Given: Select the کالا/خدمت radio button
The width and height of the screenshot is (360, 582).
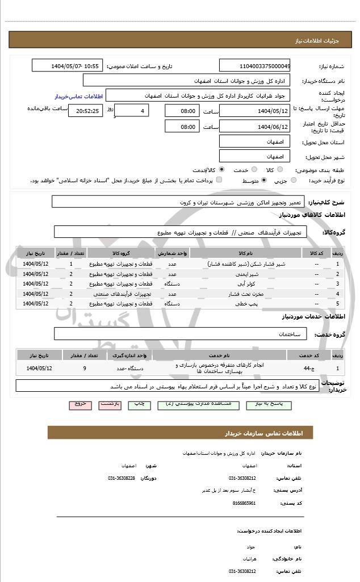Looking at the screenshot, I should (x=221, y=170).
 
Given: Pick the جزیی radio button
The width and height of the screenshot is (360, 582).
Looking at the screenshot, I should (x=294, y=181).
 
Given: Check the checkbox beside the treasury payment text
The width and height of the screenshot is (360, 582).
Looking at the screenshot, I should (x=219, y=180).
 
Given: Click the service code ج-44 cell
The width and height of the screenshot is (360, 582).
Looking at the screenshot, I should (x=306, y=369).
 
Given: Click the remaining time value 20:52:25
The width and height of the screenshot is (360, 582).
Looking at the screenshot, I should (x=85, y=111).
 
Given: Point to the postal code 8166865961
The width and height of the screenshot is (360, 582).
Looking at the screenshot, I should (x=245, y=503).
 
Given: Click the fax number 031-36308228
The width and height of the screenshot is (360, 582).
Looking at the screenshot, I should (x=122, y=478).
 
